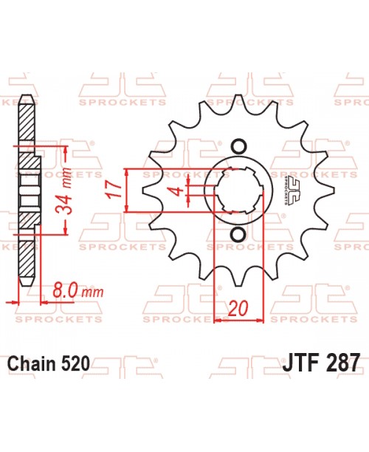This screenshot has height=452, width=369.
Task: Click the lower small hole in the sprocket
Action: point(238,235)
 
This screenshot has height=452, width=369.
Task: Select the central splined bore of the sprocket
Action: point(238,190)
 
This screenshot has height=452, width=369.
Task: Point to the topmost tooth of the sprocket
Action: point(238,103)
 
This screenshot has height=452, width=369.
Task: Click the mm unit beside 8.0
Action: point(92,292)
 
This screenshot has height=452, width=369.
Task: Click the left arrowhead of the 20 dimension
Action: point(217,321)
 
